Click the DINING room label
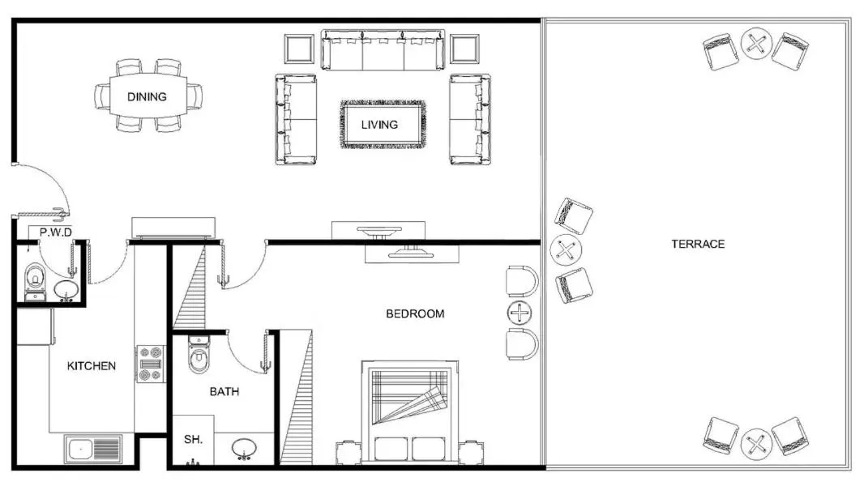click(147, 96)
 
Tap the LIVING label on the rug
click(379, 125)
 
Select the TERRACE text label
click(698, 244)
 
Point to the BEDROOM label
click(415, 313)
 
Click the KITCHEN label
click(91, 366)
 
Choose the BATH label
click(225, 391)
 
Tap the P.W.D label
click(56, 232)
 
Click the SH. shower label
click(193, 439)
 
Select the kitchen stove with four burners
click(151, 364)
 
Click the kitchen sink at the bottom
click(93, 448)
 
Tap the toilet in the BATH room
click(199, 356)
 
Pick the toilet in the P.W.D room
click(35, 278)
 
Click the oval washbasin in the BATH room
click(246, 448)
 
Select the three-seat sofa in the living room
click(383, 51)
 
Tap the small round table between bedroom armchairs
click(519, 313)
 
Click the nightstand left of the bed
click(349, 452)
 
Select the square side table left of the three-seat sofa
click(300, 49)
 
